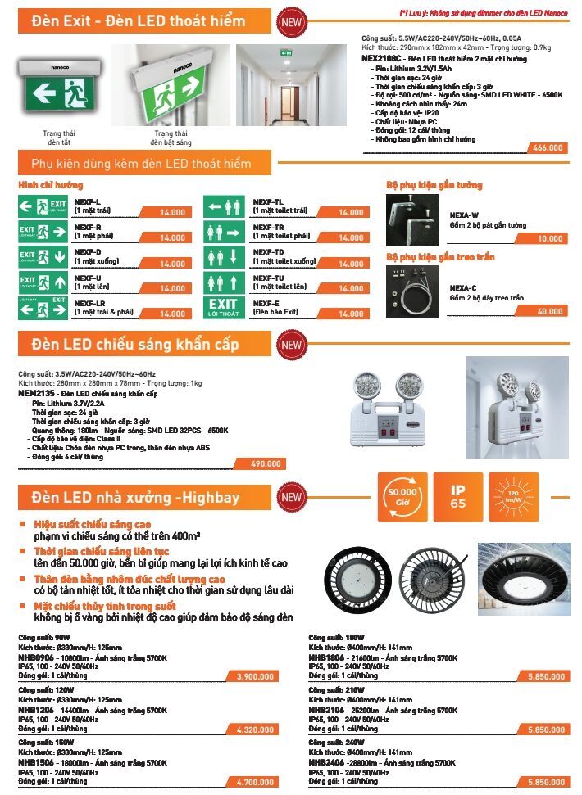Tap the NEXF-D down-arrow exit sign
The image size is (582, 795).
[43, 257]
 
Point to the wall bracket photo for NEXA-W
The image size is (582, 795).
[415, 219]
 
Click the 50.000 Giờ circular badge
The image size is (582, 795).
[402, 496]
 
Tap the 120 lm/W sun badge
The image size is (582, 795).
[513, 496]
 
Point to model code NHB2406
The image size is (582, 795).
[325, 762]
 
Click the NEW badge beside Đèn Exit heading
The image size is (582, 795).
[291, 23]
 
